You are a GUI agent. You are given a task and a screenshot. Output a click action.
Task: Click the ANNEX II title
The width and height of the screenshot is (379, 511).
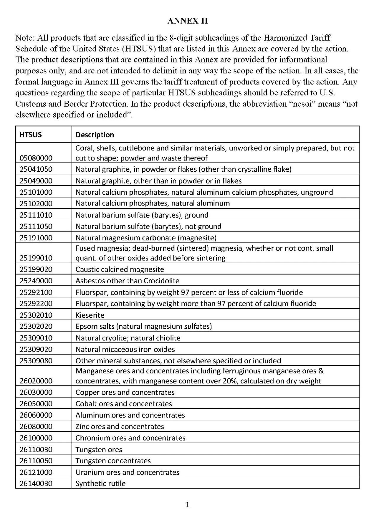188,21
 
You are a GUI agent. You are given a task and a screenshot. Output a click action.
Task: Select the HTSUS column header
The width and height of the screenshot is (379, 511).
31,135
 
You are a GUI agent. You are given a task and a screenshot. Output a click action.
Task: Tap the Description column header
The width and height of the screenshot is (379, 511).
95,135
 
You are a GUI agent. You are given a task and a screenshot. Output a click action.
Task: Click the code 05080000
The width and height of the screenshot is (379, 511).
36,158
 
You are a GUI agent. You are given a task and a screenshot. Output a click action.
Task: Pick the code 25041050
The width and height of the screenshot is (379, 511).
36,169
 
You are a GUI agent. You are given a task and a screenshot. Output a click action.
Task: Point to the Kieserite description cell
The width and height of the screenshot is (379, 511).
90,315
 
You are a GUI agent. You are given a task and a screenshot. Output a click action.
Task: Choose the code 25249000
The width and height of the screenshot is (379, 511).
36,281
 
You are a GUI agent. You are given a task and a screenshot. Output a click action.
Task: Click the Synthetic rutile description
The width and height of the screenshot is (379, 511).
101,483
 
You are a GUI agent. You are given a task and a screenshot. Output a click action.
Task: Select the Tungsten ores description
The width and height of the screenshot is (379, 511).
99,449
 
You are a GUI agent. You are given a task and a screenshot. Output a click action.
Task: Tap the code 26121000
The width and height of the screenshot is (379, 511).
36,472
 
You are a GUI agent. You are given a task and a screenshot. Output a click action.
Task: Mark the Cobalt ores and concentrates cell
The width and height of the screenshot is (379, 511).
124,404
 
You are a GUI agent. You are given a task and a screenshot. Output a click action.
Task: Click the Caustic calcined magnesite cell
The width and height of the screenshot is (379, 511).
120,269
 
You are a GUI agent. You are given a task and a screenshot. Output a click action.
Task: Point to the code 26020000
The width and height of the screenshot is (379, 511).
36,381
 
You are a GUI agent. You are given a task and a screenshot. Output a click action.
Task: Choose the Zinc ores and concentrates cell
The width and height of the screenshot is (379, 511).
120,427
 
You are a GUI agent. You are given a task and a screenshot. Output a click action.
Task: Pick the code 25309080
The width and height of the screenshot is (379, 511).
36,361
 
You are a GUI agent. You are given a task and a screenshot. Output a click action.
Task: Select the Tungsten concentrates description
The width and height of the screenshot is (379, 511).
113,461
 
